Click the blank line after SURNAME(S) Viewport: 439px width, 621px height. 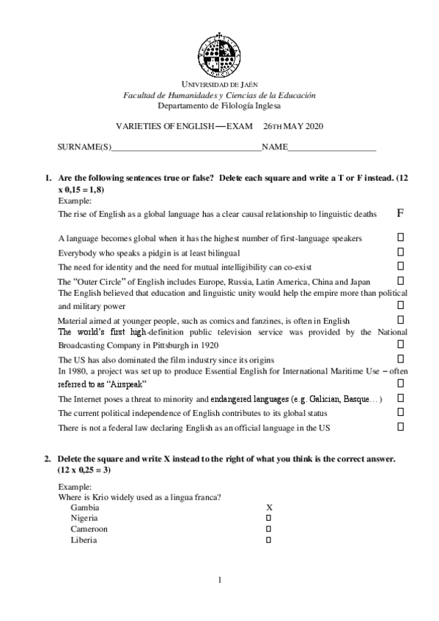(186, 149)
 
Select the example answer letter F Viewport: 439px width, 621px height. (400, 213)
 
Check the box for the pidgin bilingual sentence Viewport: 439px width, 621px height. (401, 252)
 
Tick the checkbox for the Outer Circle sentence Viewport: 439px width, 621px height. (401, 280)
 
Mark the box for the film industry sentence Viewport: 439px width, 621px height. (401, 359)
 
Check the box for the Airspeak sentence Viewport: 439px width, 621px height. (401, 384)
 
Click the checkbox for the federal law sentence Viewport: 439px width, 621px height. (401, 426)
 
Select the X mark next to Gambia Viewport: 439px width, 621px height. (269, 507)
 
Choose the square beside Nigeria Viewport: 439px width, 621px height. (268, 518)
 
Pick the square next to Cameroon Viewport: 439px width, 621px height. (268, 529)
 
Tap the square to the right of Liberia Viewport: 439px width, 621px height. (268, 540)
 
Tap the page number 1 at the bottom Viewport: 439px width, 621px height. (219, 581)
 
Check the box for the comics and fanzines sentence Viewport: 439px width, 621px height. (401, 320)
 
